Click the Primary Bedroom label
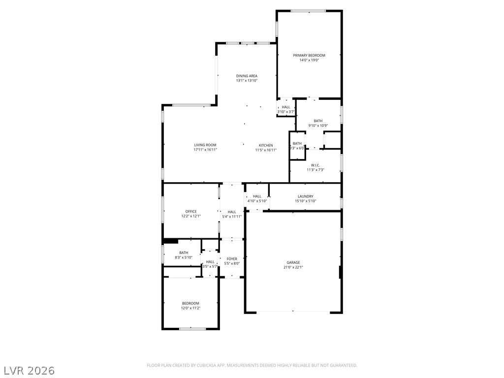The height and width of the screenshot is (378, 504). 309,55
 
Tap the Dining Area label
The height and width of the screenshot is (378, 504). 247,76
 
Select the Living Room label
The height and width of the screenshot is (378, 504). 205,145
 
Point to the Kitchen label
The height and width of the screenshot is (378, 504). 266,145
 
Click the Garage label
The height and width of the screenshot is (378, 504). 293,262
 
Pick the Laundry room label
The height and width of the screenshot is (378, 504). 305,196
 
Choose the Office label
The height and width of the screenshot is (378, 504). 191,212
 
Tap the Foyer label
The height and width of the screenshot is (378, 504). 232,259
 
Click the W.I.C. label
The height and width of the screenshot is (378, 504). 315,165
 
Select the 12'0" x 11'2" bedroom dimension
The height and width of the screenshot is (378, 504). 190,308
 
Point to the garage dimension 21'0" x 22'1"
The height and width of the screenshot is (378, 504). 293,267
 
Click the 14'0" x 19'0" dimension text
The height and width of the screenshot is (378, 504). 309,60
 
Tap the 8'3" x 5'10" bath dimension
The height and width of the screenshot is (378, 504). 184,257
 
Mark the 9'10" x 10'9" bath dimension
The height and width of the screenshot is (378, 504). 318,126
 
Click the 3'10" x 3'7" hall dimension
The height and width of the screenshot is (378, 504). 286,112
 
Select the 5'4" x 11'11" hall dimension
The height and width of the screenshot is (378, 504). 232,217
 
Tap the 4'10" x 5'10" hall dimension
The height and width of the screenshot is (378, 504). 257,201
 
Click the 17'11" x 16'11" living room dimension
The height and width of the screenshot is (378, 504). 205,150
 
